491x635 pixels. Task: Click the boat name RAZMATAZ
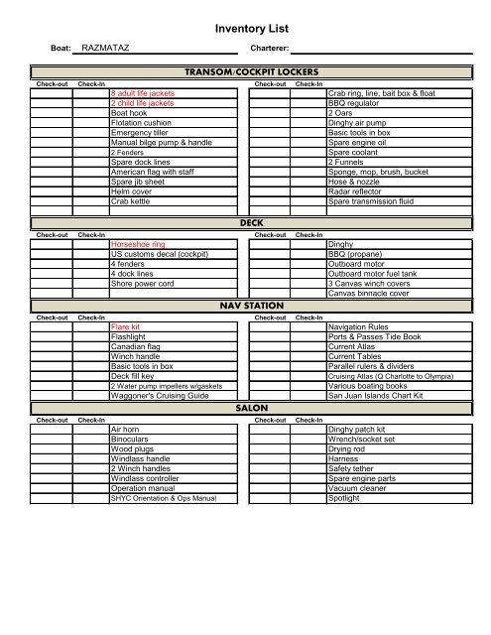[x=107, y=46]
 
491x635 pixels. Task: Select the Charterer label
[x=269, y=47]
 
